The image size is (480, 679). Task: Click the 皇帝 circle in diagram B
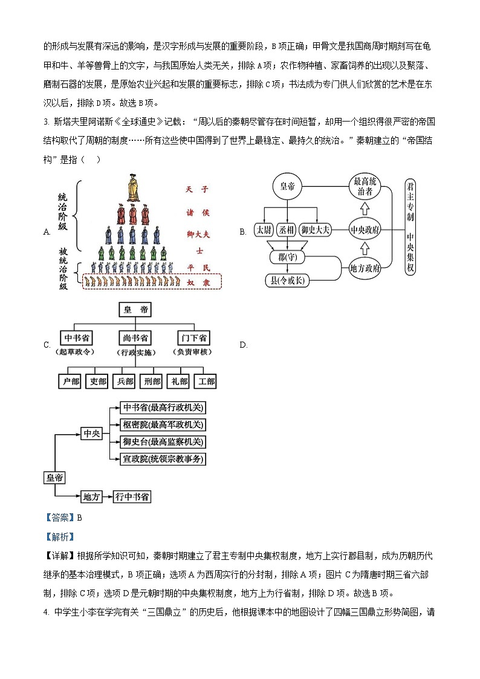click(287, 187)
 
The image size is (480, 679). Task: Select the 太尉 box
click(264, 230)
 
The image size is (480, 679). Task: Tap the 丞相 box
click(287, 230)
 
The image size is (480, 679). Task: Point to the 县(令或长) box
click(287, 280)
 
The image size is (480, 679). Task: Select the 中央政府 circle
click(365, 230)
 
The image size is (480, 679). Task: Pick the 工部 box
click(205, 382)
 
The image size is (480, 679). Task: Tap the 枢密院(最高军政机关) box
click(163, 424)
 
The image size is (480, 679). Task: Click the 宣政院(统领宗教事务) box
click(163, 459)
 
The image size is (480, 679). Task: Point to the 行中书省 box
click(132, 496)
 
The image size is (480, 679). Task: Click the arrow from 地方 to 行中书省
click(108, 496)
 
